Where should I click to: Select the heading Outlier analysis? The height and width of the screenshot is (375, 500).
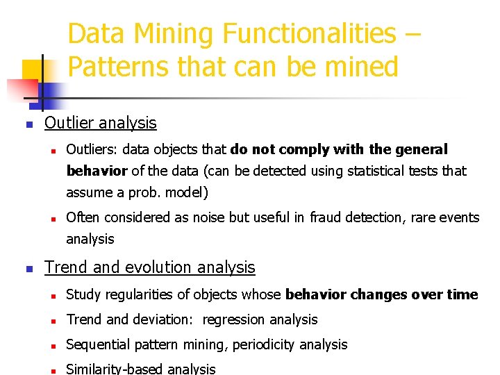(101, 124)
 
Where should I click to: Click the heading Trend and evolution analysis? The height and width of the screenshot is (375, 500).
(150, 267)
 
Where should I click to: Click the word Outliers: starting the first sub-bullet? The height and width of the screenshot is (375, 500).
(91, 149)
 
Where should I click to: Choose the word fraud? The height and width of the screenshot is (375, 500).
(327, 217)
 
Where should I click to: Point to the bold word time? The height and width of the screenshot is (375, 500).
(462, 294)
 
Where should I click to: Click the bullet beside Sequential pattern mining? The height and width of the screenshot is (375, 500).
(53, 345)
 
